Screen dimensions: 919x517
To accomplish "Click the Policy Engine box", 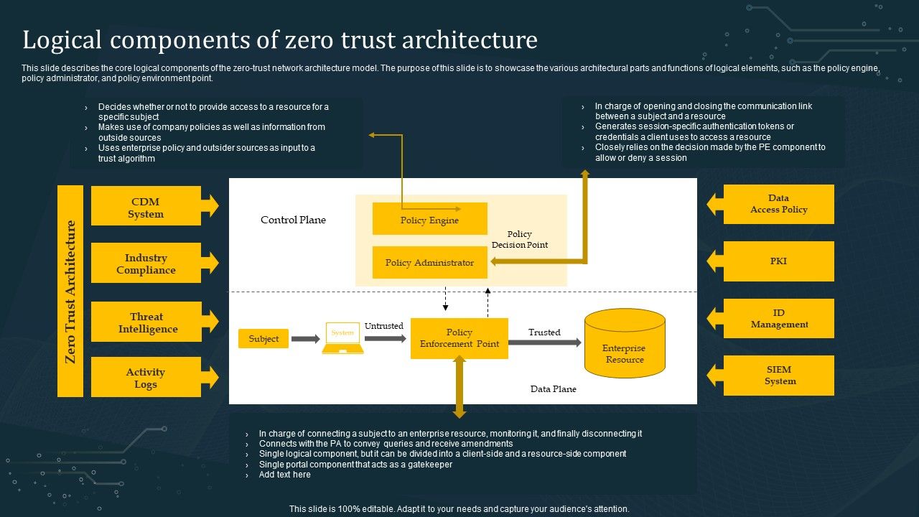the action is click(429, 219).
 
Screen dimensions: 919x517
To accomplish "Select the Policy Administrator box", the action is click(429, 262).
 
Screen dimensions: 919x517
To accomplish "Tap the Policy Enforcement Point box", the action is click(459, 338).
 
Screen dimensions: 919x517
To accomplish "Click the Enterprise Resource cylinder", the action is click(625, 343).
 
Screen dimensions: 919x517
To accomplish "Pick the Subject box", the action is click(263, 338).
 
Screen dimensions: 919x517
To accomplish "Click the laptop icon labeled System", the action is click(342, 338).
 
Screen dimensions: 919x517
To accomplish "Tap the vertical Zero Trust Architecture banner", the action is click(70, 291).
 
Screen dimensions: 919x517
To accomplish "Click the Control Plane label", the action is click(293, 220).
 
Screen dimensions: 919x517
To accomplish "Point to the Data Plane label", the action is click(553, 389).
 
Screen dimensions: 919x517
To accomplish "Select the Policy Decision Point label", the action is click(519, 239).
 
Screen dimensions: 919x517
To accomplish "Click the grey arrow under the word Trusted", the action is click(545, 343).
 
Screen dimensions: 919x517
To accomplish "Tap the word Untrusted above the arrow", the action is click(383, 326).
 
